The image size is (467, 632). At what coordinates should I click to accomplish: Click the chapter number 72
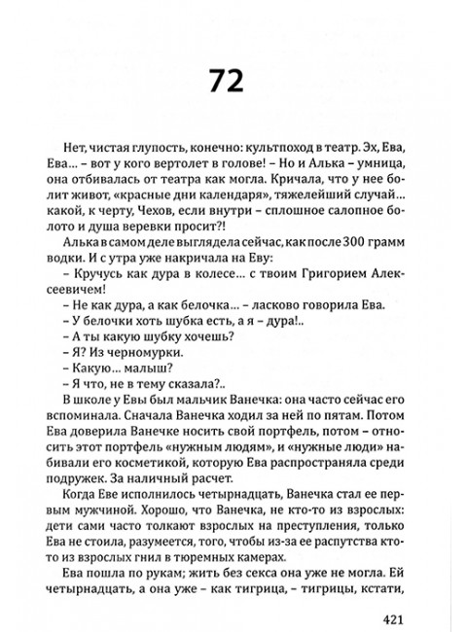[x=233, y=79]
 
